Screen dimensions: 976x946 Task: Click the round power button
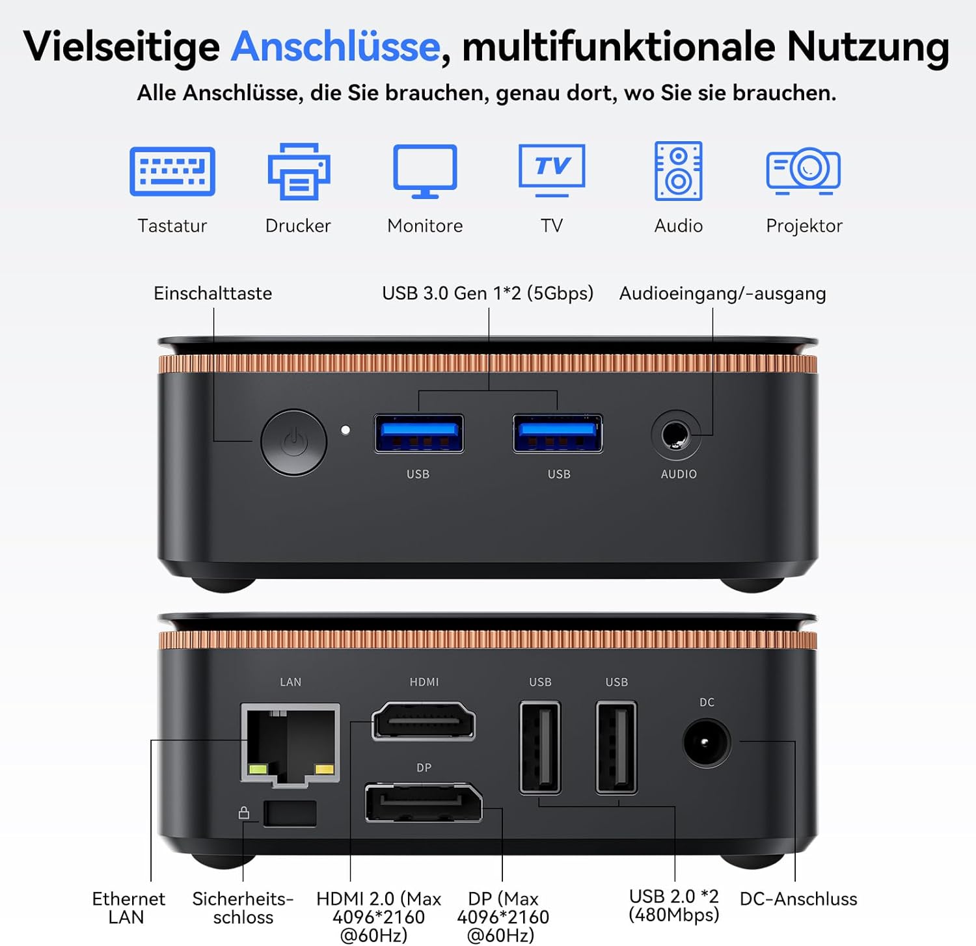coord(294,442)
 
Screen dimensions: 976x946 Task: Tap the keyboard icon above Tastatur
coord(172,171)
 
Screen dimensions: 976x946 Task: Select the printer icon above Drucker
coord(299,171)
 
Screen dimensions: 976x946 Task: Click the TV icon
coord(552,170)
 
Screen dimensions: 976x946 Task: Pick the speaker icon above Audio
coord(678,170)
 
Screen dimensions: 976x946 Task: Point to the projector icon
coord(804,170)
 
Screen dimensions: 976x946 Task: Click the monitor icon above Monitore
coord(425,171)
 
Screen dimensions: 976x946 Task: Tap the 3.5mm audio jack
coord(676,435)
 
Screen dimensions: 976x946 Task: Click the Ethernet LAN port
coord(290,744)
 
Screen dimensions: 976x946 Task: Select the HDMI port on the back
coord(424,721)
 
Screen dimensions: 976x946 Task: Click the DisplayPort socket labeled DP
coord(424,803)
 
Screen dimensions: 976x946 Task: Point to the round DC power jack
coord(707,742)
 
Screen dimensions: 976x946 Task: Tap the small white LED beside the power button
coord(346,430)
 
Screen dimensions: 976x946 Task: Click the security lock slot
coord(290,814)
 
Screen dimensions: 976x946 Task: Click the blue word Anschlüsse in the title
coord(336,46)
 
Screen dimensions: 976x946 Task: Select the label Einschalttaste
coord(213,293)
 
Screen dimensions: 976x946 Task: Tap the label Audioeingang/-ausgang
coord(722,294)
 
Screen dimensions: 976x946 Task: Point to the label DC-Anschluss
coord(798,899)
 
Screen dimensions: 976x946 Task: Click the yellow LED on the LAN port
coord(324,770)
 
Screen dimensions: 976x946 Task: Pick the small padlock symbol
coord(244,813)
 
